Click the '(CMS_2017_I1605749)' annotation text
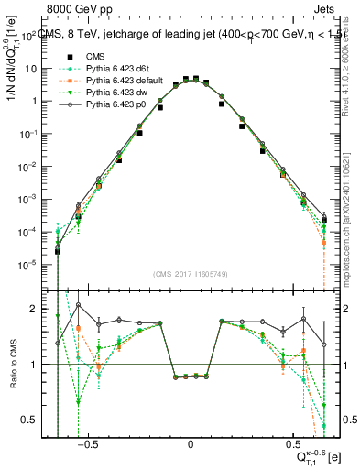[x=191, y=274]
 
